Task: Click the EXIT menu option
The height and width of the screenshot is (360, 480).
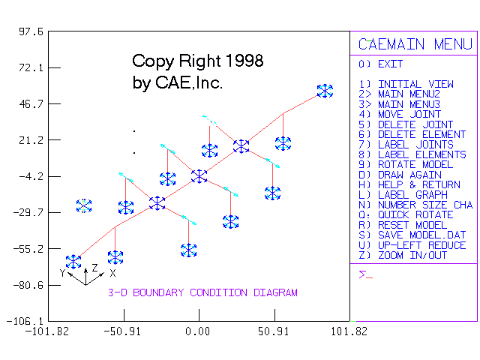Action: pos(390,64)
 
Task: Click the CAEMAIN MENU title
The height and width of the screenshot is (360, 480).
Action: pos(415,44)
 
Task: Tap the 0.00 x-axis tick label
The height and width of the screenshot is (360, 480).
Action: pos(198,330)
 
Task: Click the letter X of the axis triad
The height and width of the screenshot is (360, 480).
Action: pos(112,274)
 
